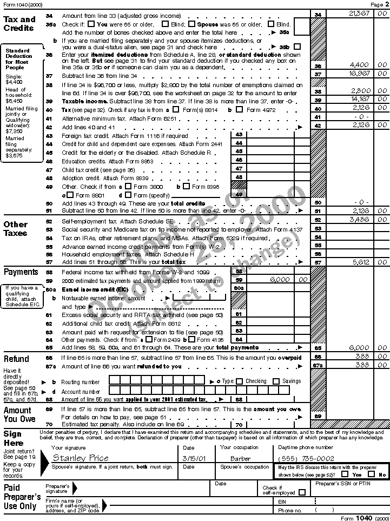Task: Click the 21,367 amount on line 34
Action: coord(359,13)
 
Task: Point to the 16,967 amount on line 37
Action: coord(359,73)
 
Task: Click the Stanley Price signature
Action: coord(81,458)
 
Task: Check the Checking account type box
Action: coord(239,381)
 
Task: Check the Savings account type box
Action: coord(276,381)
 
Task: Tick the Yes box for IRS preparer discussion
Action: coord(345,474)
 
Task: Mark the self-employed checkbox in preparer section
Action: coord(302,492)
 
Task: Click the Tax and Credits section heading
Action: coord(19,23)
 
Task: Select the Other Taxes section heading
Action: coord(16,228)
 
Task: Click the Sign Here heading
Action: coord(13,438)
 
